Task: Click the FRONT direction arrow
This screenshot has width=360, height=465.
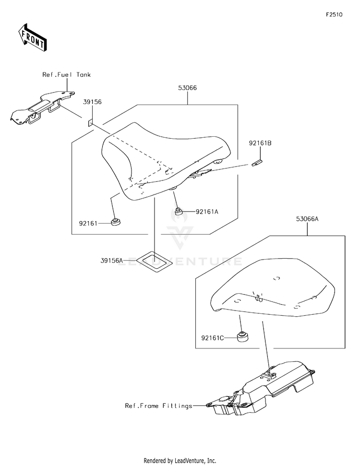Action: click(x=32, y=37)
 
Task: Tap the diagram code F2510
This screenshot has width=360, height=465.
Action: click(x=334, y=14)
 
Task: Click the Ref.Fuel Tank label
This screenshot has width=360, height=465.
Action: click(x=66, y=75)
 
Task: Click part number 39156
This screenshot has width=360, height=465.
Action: click(x=92, y=102)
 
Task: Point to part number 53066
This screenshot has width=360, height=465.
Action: click(x=187, y=88)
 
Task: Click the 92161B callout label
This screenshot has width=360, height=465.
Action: click(x=260, y=143)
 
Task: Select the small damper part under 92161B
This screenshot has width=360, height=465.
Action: click(x=257, y=163)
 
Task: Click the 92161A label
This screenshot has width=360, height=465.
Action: click(x=207, y=212)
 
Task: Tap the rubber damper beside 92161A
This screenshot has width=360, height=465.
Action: click(x=178, y=212)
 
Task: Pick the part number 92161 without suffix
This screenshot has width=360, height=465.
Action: click(x=88, y=223)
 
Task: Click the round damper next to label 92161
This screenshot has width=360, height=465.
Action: click(x=116, y=222)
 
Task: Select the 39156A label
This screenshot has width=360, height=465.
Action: click(x=111, y=261)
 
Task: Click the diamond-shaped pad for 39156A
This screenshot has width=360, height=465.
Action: click(x=155, y=261)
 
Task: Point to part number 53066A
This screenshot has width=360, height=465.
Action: click(x=307, y=219)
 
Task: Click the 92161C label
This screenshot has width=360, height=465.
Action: click(x=212, y=338)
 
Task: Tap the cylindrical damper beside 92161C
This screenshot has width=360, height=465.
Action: click(x=242, y=336)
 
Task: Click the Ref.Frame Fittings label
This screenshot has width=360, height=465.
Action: click(x=159, y=405)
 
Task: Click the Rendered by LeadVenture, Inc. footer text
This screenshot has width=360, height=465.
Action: click(x=180, y=461)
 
